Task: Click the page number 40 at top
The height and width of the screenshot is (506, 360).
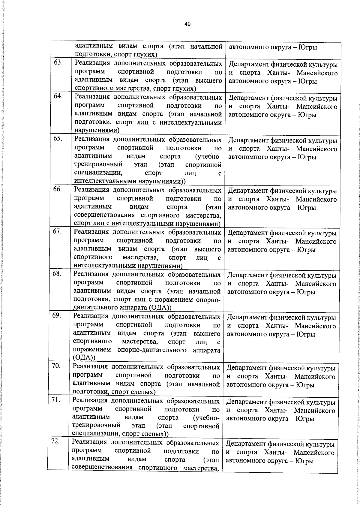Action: pyautogui.click(x=187, y=24)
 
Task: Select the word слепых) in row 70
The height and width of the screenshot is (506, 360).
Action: pyautogui.click(x=143, y=392)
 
